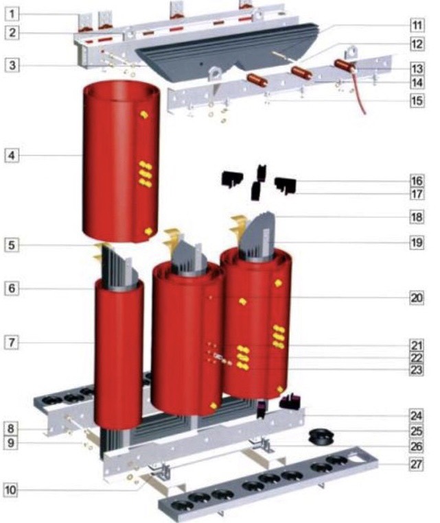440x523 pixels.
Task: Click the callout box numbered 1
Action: pyautogui.click(x=12, y=14)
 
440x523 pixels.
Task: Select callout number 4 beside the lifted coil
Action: pyautogui.click(x=12, y=156)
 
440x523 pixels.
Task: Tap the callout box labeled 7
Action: pyautogui.click(x=12, y=343)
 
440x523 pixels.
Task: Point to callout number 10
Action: pyautogui.click(x=10, y=490)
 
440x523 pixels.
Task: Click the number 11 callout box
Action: pyautogui.click(x=417, y=25)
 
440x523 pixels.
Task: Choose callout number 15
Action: pyautogui.click(x=417, y=101)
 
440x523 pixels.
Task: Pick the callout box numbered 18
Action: pyautogui.click(x=417, y=217)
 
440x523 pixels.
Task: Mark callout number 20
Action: pyautogui.click(x=417, y=297)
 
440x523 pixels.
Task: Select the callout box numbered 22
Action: pyautogui.click(x=417, y=358)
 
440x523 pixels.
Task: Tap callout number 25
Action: pyautogui.click(x=417, y=431)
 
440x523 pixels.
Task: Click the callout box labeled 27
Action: pyautogui.click(x=417, y=464)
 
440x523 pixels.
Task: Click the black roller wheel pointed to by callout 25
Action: pyautogui.click(x=321, y=437)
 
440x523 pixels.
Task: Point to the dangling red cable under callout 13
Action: pyautogui.click(x=359, y=93)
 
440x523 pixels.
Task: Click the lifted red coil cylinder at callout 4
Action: pyautogui.click(x=121, y=162)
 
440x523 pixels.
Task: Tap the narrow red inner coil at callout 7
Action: pyautogui.click(x=119, y=354)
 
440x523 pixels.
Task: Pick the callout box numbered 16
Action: pyautogui.click(x=417, y=181)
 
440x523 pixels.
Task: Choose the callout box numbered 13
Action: pyautogui.click(x=417, y=69)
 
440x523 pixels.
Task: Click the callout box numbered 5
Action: pyautogui.click(x=12, y=245)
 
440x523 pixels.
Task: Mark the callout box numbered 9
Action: pyautogui.click(x=11, y=443)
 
